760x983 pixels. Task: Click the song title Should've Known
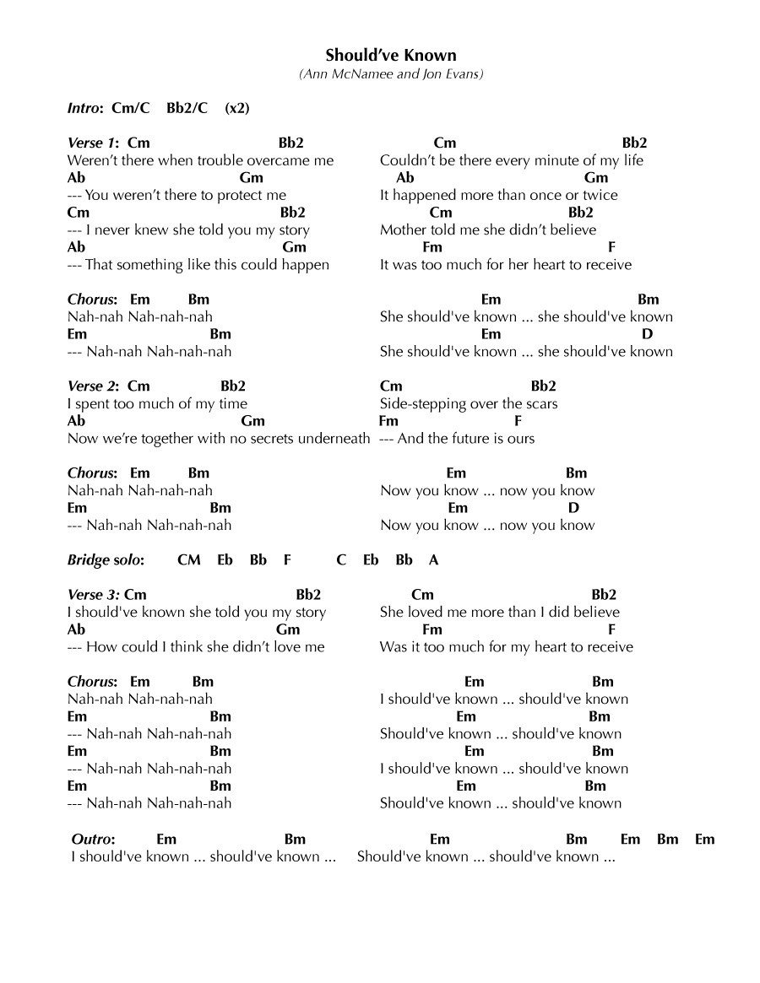pos(391,56)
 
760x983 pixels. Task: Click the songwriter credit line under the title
pos(391,74)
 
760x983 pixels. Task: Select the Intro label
pos(84,108)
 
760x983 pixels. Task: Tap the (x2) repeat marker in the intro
pos(237,108)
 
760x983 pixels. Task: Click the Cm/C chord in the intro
pos(131,108)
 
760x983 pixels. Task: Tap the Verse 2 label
pos(92,386)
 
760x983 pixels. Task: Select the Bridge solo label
pos(106,559)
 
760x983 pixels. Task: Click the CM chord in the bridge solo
pos(189,559)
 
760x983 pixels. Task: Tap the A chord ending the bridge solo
pos(434,559)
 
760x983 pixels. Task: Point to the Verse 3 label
pos(92,595)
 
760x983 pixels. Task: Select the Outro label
pos(93,839)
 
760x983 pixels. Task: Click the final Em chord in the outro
pos(705,839)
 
